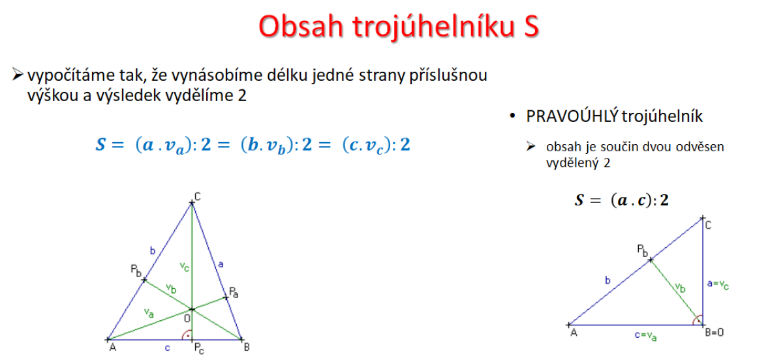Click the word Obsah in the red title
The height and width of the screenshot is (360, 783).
[x=301, y=26]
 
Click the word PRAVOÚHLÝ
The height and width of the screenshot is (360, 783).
[x=572, y=116]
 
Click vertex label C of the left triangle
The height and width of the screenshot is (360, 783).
[x=198, y=197]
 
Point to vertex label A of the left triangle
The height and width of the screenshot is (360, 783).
[x=112, y=347]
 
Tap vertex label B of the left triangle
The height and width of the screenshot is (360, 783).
[x=247, y=347]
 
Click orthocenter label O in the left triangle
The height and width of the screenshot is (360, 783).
[x=187, y=318]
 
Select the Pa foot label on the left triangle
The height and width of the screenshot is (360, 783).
[x=234, y=292]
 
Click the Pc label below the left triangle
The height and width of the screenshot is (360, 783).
[x=199, y=348]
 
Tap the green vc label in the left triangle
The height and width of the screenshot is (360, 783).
[x=184, y=267]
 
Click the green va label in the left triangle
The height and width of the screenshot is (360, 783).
[x=149, y=313]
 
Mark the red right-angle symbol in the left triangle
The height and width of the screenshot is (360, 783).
[x=187, y=335]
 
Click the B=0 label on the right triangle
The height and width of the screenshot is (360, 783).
[x=714, y=333]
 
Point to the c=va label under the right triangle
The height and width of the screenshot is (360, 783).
[x=645, y=336]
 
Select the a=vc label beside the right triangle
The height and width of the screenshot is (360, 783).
[x=718, y=284]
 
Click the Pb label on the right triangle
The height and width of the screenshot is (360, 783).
[x=643, y=250]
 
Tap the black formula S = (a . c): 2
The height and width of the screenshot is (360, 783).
[x=621, y=200]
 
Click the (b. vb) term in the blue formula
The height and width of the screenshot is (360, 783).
[x=268, y=145]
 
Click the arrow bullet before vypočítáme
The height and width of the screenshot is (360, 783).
[x=18, y=74]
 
